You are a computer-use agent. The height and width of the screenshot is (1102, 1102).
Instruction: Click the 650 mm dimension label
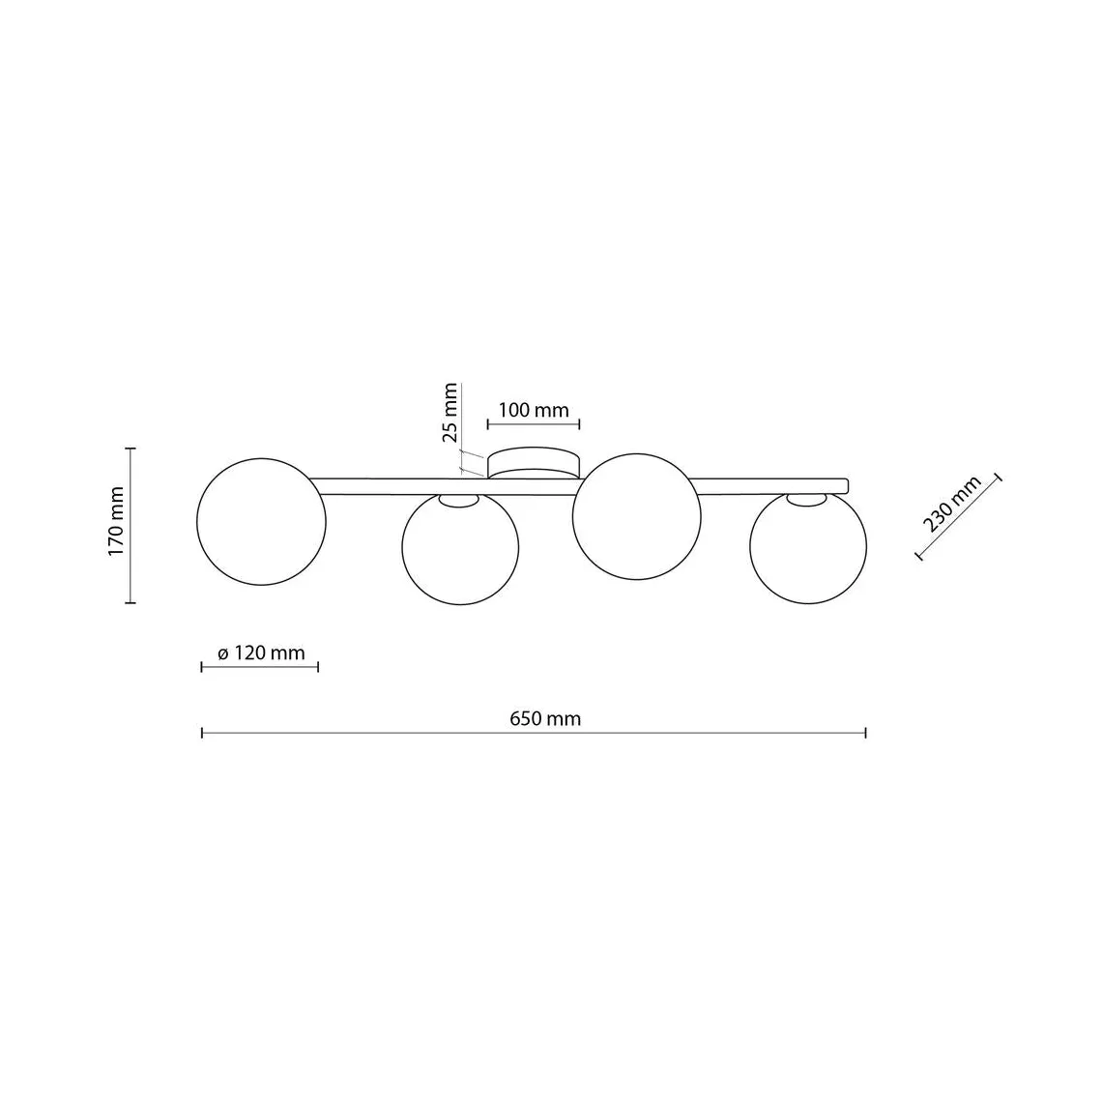click(x=545, y=719)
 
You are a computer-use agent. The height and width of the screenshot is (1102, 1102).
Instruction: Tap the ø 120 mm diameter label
click(x=261, y=652)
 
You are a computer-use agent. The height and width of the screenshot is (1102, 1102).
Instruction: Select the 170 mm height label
click(x=116, y=521)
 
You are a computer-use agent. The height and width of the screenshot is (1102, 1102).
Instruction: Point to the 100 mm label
click(x=534, y=410)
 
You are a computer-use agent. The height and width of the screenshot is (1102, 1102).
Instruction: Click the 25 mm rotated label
click(x=449, y=413)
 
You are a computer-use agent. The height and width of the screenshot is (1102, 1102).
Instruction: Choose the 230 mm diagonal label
click(x=951, y=504)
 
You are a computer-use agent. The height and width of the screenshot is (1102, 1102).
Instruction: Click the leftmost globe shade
click(x=261, y=521)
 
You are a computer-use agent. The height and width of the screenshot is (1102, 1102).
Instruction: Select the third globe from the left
click(x=637, y=516)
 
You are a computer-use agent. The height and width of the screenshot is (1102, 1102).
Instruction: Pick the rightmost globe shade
click(x=808, y=547)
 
